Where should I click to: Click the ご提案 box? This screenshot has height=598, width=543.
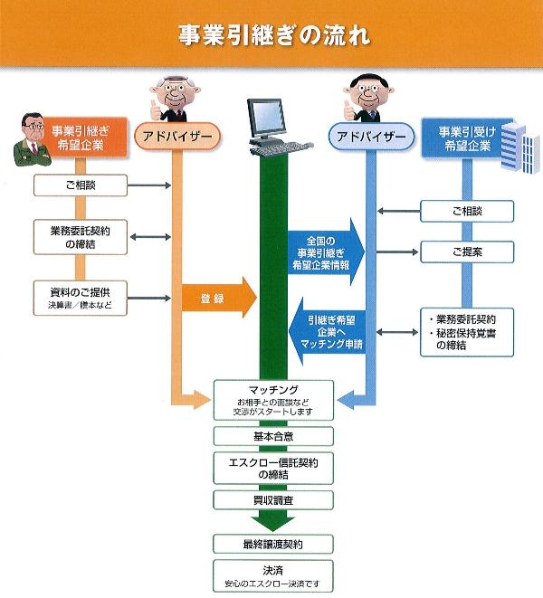[465, 252]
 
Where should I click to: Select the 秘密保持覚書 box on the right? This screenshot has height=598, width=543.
[465, 330]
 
